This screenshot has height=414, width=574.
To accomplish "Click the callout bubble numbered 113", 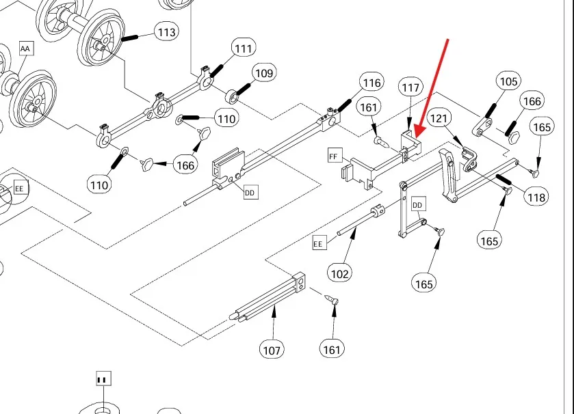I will coord(166,32).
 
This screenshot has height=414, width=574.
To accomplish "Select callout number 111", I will coord(242,49).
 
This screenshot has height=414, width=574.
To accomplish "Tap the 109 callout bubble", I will coord(264,73).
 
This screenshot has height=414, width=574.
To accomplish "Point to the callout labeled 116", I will coord(371,83).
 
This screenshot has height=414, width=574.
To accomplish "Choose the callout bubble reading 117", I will coord(410,88).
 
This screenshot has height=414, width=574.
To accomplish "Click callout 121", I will coord(439,120).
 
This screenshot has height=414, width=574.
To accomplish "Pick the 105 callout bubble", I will coord(508,82).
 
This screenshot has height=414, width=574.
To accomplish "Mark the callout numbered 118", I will coord(536,198).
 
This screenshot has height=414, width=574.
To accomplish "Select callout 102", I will coord(340,274).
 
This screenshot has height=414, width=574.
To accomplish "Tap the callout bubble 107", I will coord(272,350).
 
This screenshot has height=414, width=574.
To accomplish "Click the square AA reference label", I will coord(26,49).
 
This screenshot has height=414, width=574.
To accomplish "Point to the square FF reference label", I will coord(334,156).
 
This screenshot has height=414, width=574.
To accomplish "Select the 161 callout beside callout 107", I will coord(331,350).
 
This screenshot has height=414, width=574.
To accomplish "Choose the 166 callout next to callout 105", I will coord(532,102).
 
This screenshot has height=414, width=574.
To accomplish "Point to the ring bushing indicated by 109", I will coord(233,93).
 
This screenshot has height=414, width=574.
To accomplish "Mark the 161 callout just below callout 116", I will coord(369,108).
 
